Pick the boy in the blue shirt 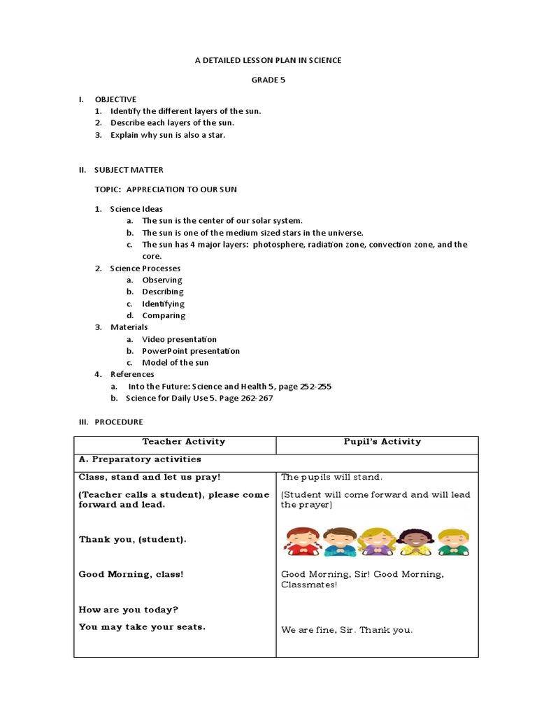click(339, 541)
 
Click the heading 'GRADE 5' click(268, 80)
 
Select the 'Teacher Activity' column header click(183, 441)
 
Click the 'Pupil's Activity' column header click(382, 441)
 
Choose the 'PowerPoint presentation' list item click(190, 351)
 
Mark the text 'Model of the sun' click(175, 363)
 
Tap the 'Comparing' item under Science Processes click(164, 315)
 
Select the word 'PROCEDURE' click(119, 422)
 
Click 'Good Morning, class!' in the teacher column click(131, 574)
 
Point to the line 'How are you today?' click(129, 609)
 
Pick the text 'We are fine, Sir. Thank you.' click(347, 630)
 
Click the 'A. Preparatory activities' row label click(140, 459)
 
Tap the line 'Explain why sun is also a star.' click(167, 135)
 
